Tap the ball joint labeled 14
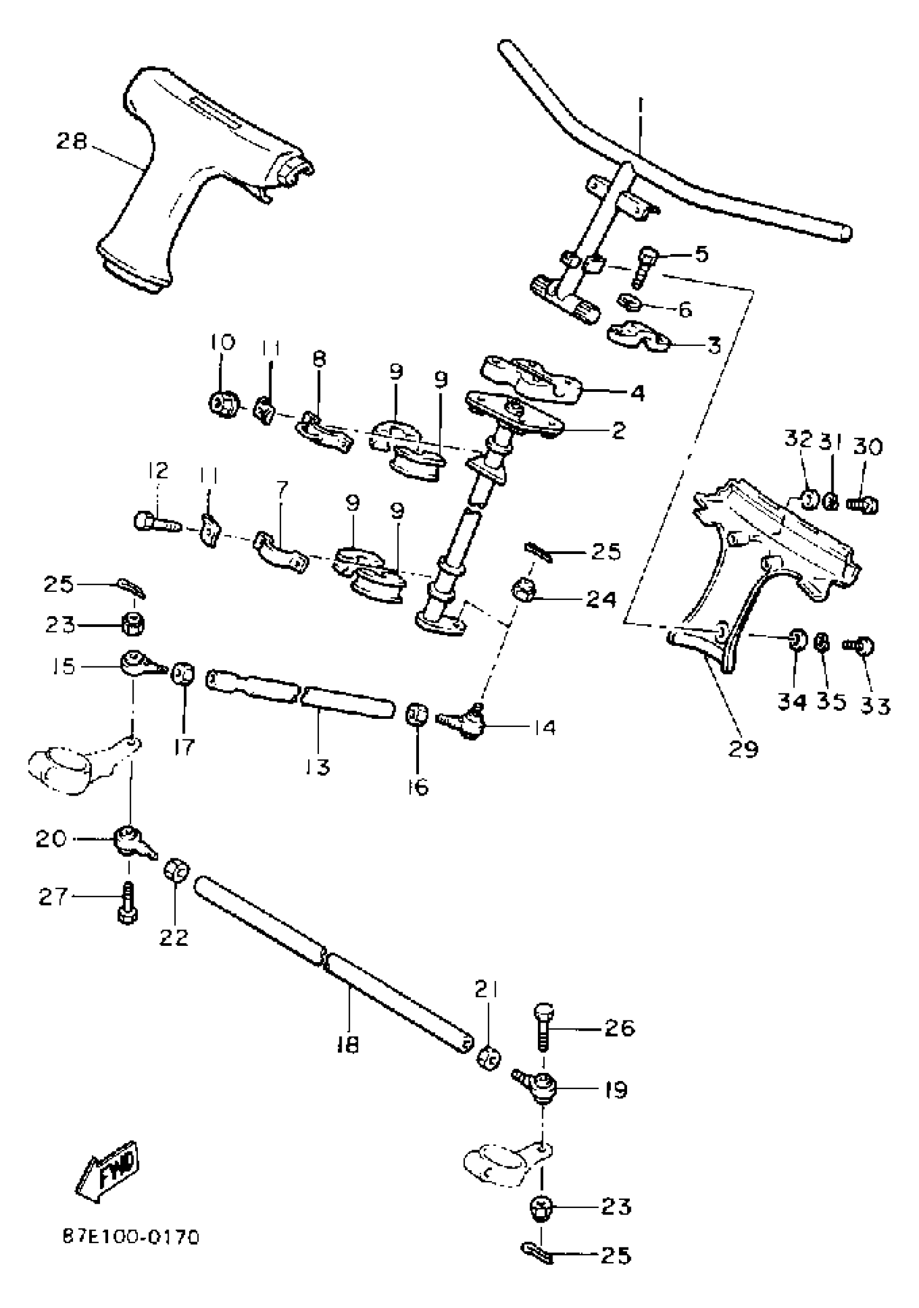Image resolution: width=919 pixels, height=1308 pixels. pos(466,721)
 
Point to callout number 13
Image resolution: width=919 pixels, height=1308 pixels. pos(317,767)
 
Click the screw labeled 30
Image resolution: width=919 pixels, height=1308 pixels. pos(862,504)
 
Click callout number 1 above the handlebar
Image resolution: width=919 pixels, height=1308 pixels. pos(640,106)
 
